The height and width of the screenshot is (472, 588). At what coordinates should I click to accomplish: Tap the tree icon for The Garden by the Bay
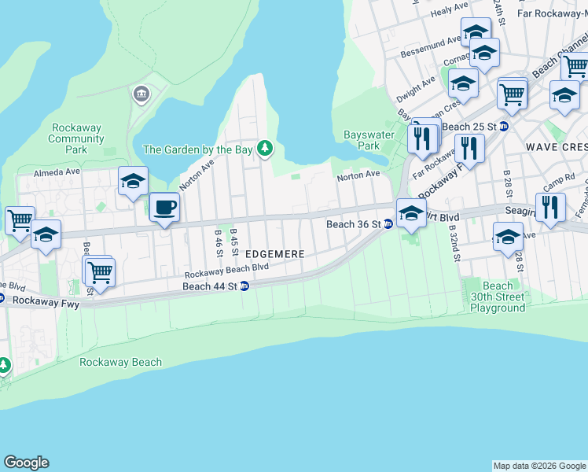point(266,149)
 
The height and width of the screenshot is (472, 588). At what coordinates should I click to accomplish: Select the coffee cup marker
point(164,208)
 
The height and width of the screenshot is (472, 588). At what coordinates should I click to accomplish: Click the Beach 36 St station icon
point(388,224)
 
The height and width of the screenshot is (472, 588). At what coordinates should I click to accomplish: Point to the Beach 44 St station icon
point(244,286)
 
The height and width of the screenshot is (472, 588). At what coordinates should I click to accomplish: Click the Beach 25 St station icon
point(504,127)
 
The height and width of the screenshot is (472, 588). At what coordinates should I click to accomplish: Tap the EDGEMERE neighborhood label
point(275,255)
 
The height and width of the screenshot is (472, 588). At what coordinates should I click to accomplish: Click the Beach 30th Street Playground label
point(497,297)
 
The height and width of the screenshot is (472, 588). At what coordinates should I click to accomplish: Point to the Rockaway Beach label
point(120,363)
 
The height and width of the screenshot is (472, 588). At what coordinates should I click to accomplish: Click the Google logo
point(26,463)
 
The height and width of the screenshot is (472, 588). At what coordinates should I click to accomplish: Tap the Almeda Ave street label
point(57,171)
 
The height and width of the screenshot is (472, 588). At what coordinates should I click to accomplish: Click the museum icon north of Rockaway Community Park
point(141,94)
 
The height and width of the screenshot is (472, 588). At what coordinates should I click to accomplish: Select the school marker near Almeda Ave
point(133,182)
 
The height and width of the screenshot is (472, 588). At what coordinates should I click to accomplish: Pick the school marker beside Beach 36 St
point(411,213)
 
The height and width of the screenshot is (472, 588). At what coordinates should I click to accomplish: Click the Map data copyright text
point(539,466)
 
